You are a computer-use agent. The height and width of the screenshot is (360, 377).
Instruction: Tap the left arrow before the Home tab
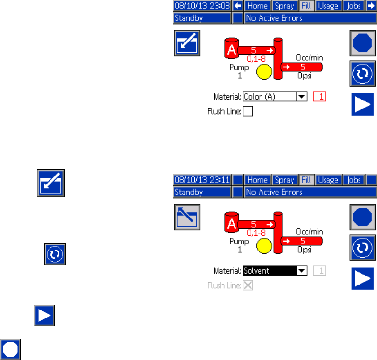(x=238, y=6)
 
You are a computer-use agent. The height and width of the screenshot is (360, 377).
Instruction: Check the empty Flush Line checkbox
(x=248, y=112)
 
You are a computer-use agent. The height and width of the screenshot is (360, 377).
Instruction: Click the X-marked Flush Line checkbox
(x=248, y=285)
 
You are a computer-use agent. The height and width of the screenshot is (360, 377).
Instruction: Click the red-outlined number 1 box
(x=319, y=97)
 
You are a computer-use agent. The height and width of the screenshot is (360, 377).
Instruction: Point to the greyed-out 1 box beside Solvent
(x=319, y=271)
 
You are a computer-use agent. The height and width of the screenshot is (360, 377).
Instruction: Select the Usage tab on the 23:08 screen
(x=328, y=6)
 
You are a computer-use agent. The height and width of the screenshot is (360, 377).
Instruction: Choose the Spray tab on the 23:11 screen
(x=285, y=180)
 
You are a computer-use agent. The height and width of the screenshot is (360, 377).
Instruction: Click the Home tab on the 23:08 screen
(x=257, y=6)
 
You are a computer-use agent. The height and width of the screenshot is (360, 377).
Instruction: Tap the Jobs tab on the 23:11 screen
(x=353, y=180)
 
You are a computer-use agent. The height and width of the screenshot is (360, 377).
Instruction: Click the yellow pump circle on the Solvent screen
(x=264, y=246)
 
